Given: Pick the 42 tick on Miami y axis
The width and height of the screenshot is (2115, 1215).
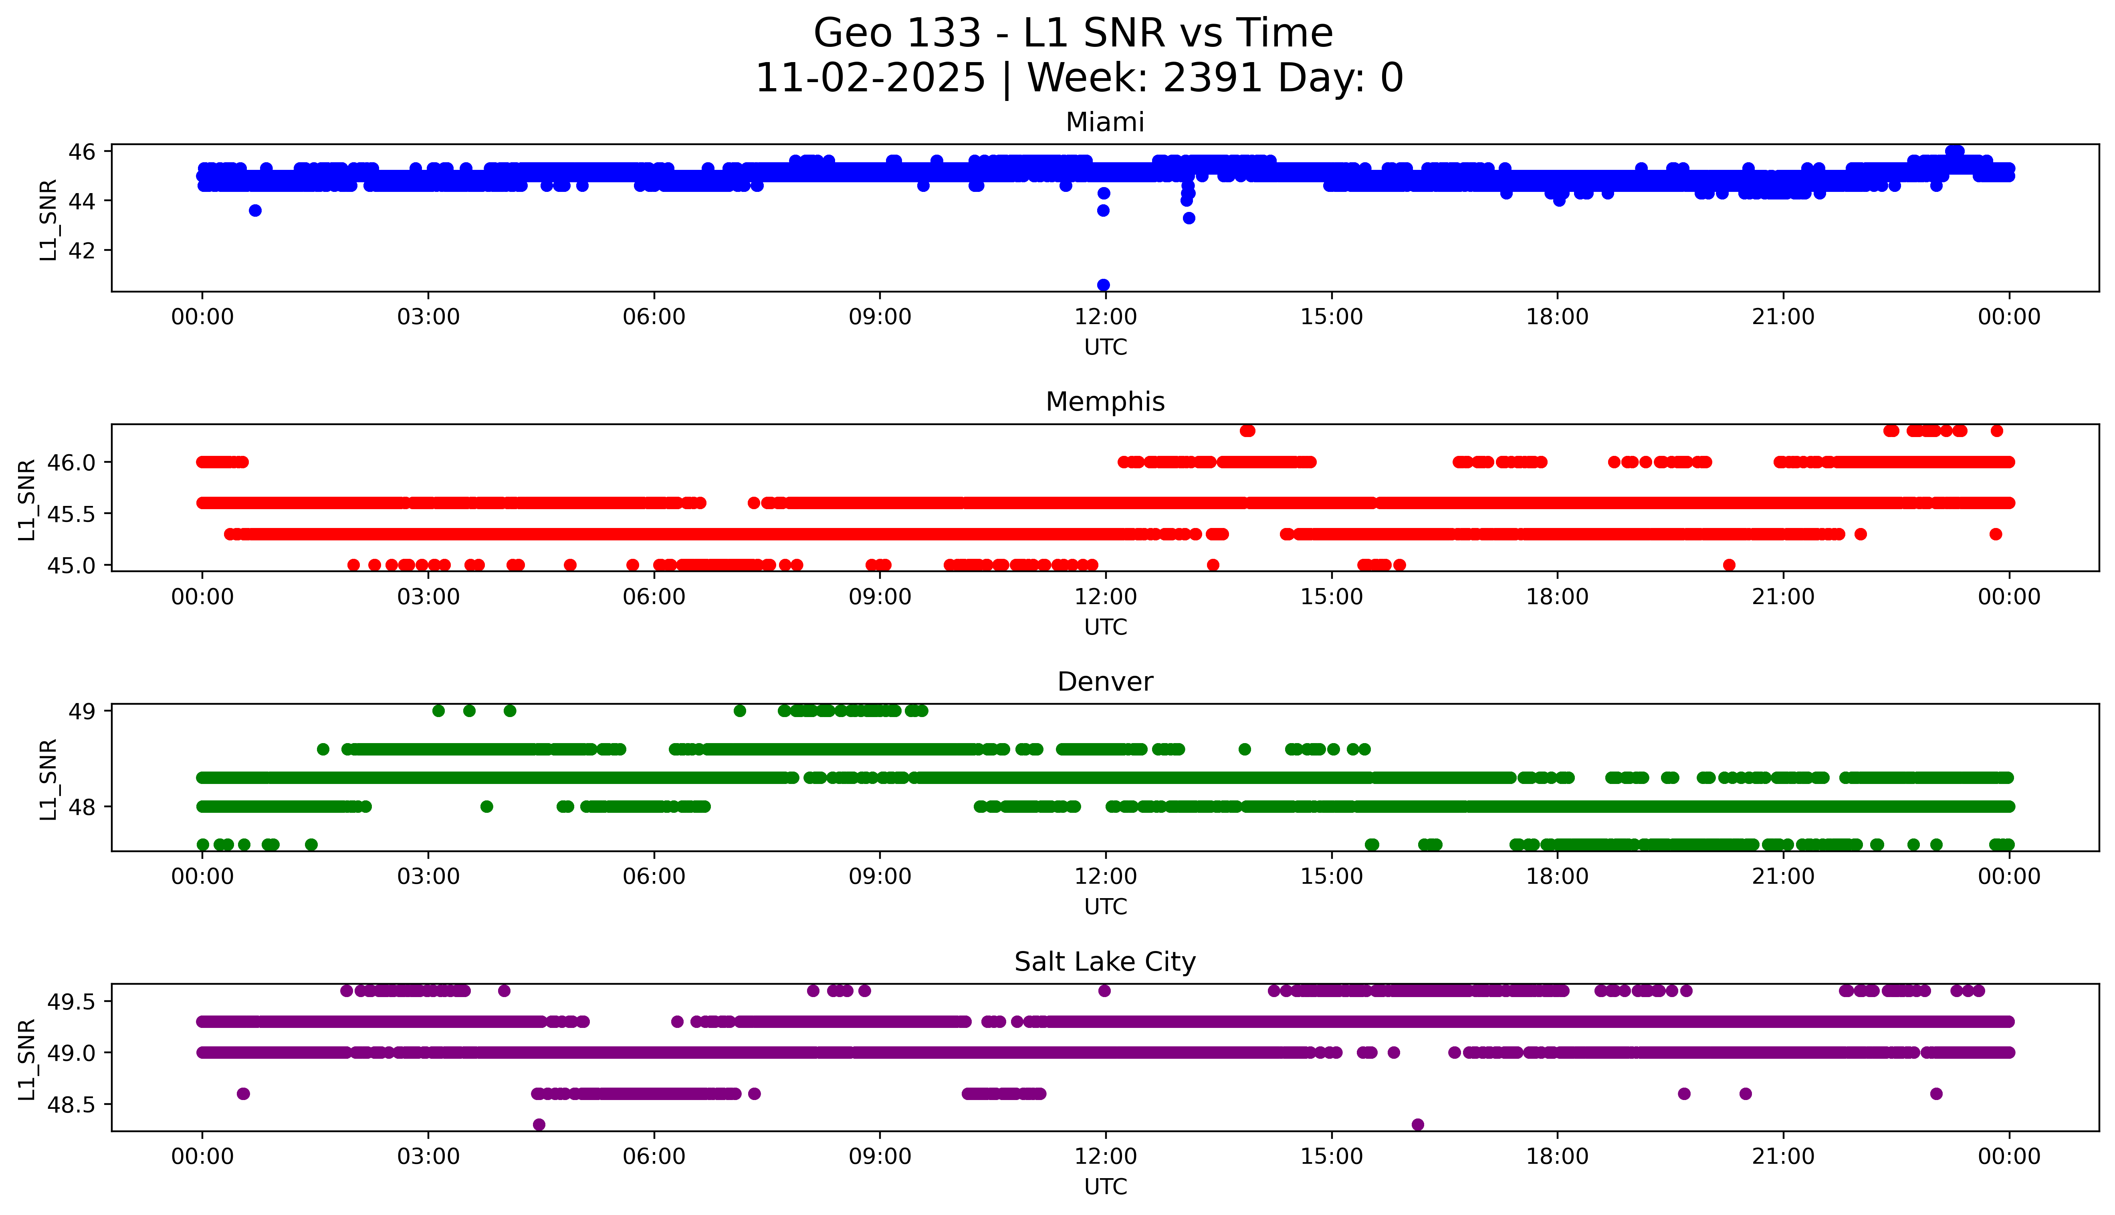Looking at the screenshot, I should [x=82, y=250].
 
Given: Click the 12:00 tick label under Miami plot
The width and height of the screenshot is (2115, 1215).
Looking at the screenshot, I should [x=1105, y=317].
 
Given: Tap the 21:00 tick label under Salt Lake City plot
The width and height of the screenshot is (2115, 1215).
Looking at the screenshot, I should [x=1783, y=1157].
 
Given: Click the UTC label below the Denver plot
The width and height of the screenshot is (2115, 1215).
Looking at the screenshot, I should [x=1105, y=907].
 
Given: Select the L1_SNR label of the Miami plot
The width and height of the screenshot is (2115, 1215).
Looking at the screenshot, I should [x=48, y=220].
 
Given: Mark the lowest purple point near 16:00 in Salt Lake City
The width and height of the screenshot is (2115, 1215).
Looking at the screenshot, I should [x=1417, y=1125].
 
